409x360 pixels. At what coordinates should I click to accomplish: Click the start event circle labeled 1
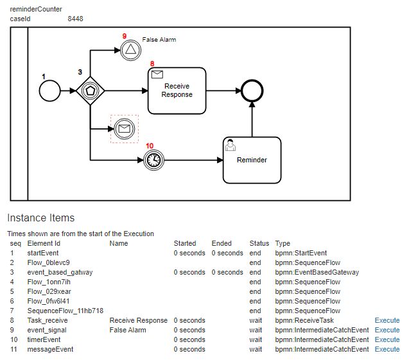click(49, 91)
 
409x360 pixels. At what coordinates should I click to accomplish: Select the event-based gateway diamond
click(90, 91)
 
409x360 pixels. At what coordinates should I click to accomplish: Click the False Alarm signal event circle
click(130, 49)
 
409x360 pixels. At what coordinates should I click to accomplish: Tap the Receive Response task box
click(178, 90)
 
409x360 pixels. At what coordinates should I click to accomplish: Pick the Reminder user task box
click(252, 159)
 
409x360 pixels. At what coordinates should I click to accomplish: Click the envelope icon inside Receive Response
click(157, 75)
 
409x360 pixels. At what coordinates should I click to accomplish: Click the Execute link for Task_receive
click(387, 320)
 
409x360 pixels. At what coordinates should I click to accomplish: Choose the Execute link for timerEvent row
click(387, 339)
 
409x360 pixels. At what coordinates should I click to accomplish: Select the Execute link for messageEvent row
click(387, 349)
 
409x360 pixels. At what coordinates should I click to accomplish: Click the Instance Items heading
click(40, 218)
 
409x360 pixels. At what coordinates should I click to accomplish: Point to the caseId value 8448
click(75, 19)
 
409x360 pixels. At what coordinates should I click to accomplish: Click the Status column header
click(259, 243)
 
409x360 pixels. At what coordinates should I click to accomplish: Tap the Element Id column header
click(44, 243)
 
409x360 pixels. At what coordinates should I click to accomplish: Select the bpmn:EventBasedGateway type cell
click(317, 272)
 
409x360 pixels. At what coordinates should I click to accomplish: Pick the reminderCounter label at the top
click(36, 9)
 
